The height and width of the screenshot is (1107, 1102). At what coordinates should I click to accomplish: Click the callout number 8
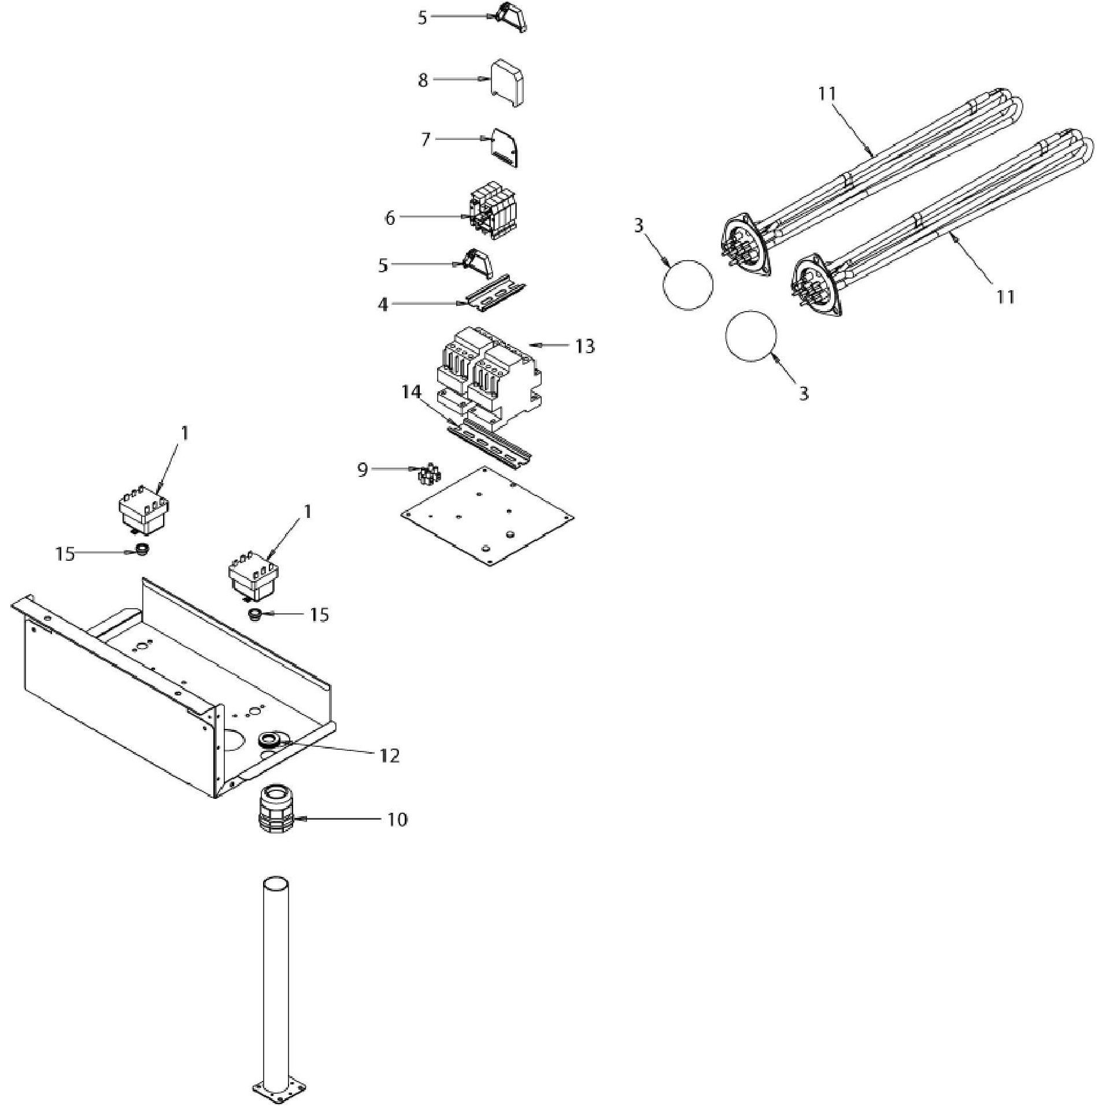pos(423,80)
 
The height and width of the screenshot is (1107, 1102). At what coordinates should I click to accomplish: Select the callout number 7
pos(426,140)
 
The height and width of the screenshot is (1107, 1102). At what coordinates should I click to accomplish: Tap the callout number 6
pos(390,218)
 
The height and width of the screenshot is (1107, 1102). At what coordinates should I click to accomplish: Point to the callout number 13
pos(585,346)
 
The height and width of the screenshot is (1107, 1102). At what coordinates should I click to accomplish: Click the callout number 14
pos(412,392)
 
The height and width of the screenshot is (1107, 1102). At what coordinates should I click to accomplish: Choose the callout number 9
pos(363,469)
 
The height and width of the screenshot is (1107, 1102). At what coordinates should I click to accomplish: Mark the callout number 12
pos(390,755)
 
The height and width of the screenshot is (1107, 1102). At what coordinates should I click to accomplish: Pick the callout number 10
pos(397,819)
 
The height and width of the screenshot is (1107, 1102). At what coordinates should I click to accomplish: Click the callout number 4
pos(383,304)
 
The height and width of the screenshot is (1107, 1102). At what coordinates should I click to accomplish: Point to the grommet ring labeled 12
pos(271,740)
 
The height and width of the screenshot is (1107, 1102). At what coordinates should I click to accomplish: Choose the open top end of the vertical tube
pos(275,884)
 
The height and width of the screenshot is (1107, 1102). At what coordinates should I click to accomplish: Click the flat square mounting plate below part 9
pos(487,516)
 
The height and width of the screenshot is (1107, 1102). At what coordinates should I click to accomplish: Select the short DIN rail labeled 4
pos(496,293)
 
